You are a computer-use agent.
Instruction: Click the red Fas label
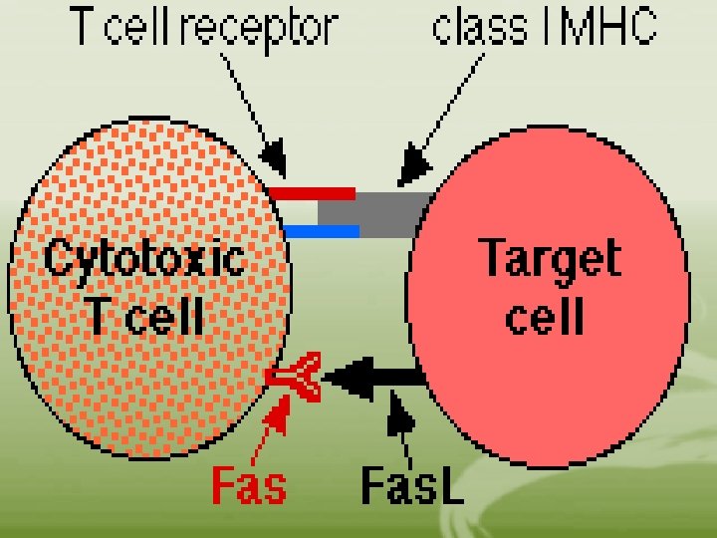coord(249,486)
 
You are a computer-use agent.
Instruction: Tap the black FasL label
coord(411,485)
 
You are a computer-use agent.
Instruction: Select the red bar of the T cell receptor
coord(313,192)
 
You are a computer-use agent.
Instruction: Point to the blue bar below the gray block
coord(321,232)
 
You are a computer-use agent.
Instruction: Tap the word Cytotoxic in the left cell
coord(144,259)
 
